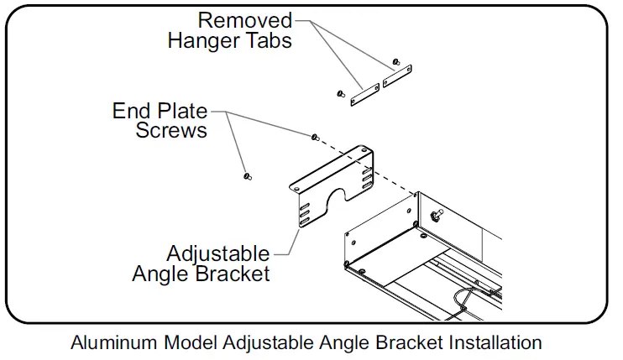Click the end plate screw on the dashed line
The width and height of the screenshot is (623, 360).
314,136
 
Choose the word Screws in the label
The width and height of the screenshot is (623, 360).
171,131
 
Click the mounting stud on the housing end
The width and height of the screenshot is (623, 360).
436,217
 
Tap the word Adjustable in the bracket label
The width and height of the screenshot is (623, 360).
218,253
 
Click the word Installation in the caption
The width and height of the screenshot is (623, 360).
495,342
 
